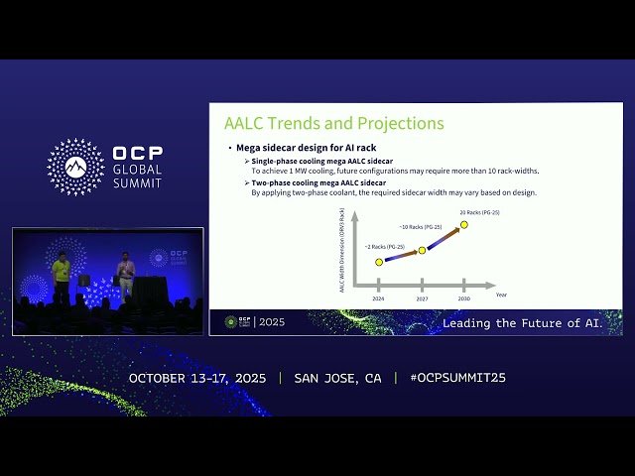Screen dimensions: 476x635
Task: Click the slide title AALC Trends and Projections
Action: [x=333, y=124]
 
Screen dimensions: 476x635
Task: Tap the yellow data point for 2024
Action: [x=379, y=262]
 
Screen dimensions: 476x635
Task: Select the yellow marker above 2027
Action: [x=422, y=250]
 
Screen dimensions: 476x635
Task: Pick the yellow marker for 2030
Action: [x=463, y=225]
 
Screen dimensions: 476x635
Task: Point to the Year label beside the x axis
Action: [x=501, y=295]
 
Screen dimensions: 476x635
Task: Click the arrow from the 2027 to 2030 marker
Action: [x=444, y=238]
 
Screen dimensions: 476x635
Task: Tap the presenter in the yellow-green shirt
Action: [x=61, y=277]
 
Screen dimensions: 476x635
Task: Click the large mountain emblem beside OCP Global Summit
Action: [x=75, y=167]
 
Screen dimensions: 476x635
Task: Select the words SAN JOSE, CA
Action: [x=337, y=378]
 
